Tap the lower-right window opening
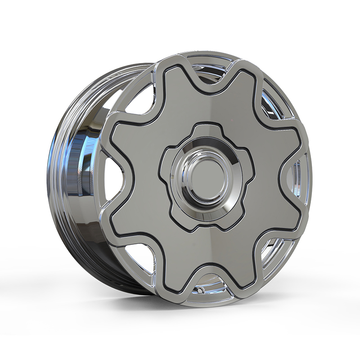tap(272, 256)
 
